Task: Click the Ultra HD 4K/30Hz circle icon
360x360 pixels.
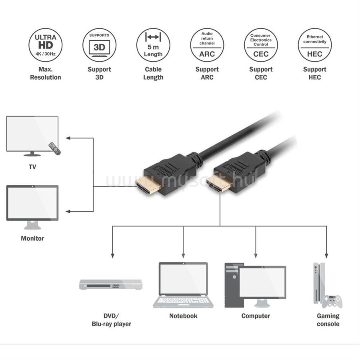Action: (x=46, y=45)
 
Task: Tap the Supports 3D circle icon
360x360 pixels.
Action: (x=99, y=45)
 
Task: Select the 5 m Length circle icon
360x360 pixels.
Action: (x=153, y=45)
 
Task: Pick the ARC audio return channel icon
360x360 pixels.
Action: (x=207, y=45)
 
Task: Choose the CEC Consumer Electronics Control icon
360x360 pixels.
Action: (x=261, y=45)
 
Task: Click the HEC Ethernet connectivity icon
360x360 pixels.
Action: (x=314, y=45)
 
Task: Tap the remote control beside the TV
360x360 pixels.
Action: (x=54, y=148)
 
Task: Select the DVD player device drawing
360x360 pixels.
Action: (x=110, y=284)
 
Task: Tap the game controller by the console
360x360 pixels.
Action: (x=332, y=301)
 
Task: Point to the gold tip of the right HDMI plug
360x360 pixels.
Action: (x=218, y=182)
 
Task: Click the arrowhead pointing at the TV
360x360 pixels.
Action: (x=68, y=138)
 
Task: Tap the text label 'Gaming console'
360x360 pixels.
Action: (x=328, y=320)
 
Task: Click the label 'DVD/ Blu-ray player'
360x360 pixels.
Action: (x=111, y=320)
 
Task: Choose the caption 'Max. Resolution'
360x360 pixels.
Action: (x=46, y=73)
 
